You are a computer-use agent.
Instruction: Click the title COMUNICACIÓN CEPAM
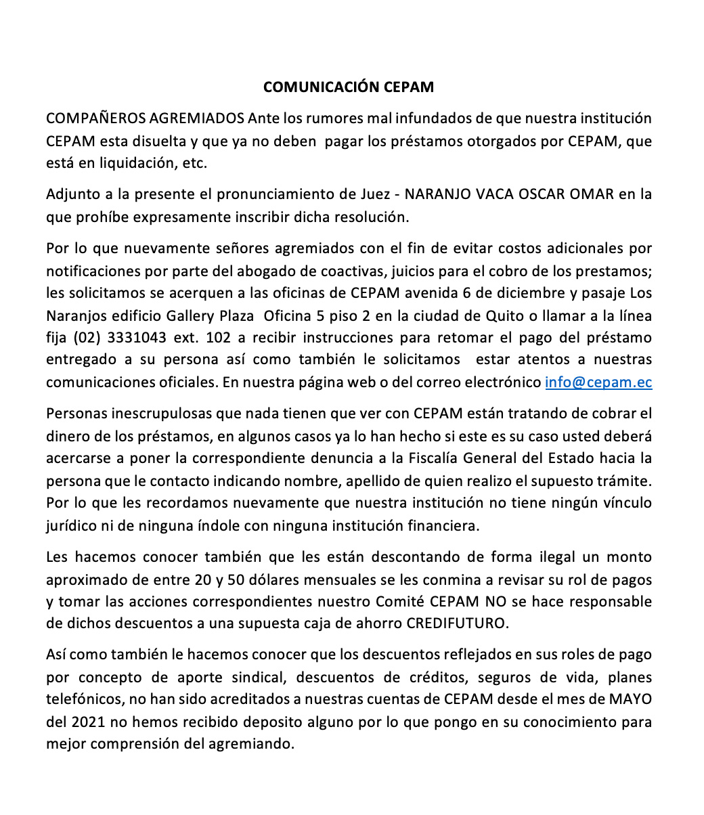pos(348,87)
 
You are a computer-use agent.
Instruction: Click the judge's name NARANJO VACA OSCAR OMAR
pos(509,194)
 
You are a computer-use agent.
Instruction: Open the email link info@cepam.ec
pos(598,382)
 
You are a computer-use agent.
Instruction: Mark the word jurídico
pos(70,525)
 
